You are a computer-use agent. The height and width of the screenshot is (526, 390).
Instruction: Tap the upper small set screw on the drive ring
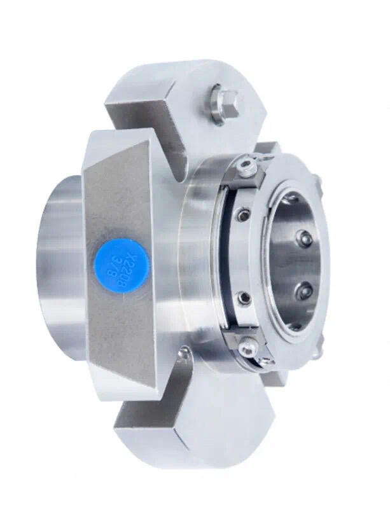[242, 216]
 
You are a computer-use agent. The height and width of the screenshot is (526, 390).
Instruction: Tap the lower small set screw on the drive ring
[241, 298]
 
